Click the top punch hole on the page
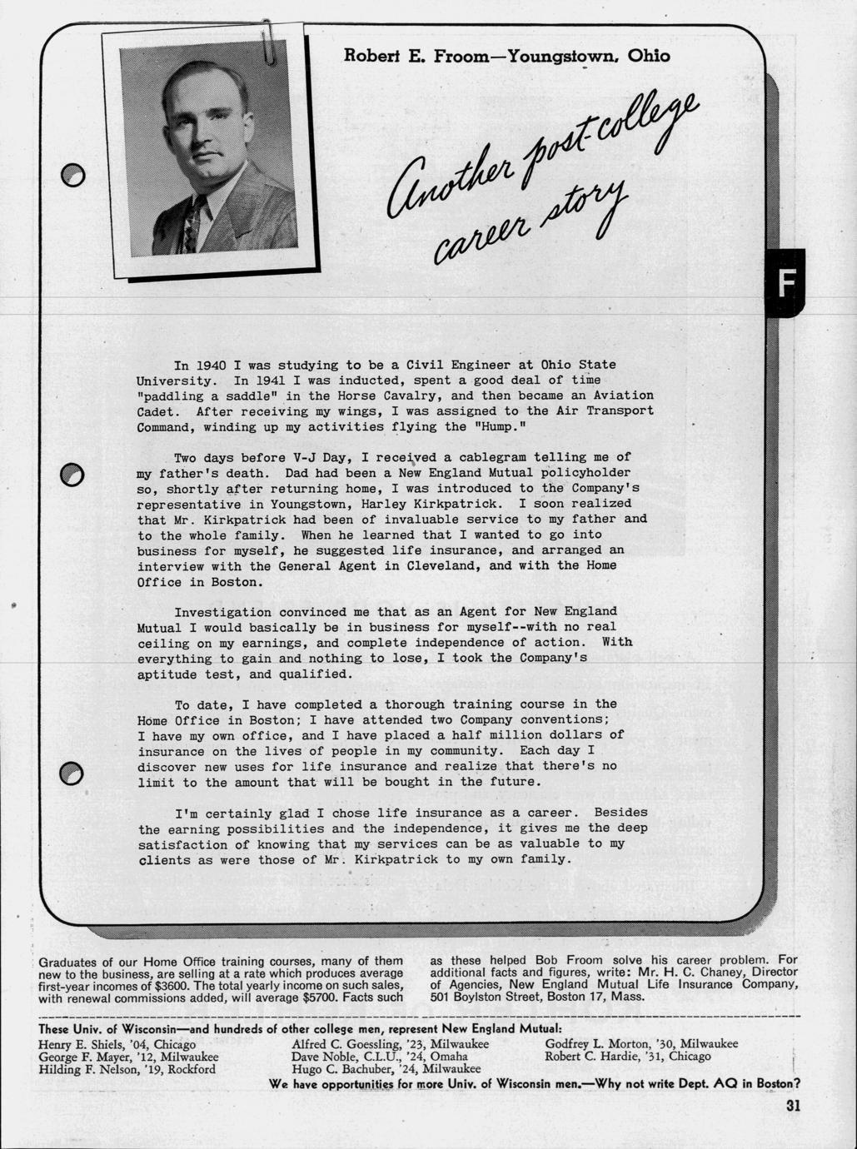pos(73,174)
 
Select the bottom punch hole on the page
pos(72,773)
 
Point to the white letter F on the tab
pos(785,282)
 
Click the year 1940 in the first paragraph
pos(212,365)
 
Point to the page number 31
pos(792,1106)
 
